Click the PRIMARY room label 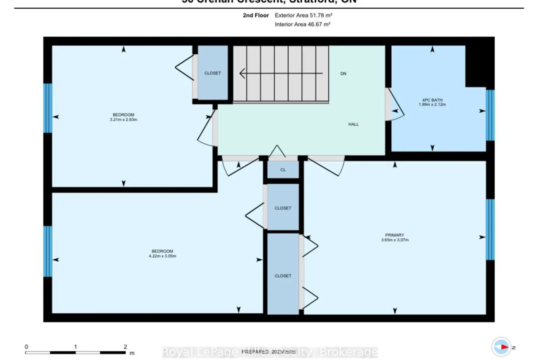(x=395, y=235)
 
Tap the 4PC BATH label (x=432, y=100)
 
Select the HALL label (x=353, y=124)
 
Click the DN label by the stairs (x=343, y=73)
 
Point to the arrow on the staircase (x=281, y=73)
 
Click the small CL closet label (x=283, y=170)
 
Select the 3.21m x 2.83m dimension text (x=123, y=120)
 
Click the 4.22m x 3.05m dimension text (x=162, y=256)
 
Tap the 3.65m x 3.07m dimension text (x=395, y=240)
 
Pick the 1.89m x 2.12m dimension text (x=432, y=105)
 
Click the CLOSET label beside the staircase (x=212, y=73)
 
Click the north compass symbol (x=501, y=347)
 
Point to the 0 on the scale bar (x=26, y=347)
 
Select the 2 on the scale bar (x=125, y=347)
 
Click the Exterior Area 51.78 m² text (x=303, y=15)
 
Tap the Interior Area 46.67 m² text (x=302, y=24)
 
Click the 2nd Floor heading (x=256, y=15)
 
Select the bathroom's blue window (x=490, y=115)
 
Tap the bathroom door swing (x=395, y=106)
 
